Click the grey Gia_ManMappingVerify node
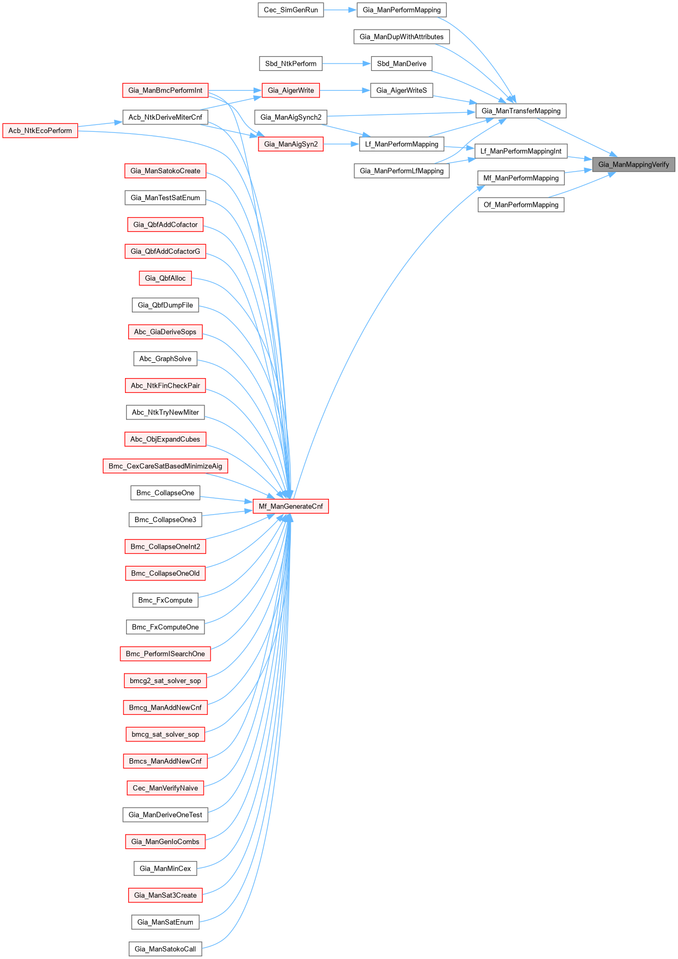tap(634, 165)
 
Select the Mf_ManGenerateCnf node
tap(291, 506)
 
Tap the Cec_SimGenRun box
tap(291, 10)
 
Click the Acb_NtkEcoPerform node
tap(40, 131)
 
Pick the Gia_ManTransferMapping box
tap(521, 111)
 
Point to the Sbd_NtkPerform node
tap(291, 64)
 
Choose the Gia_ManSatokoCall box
tap(165, 949)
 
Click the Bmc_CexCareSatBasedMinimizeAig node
tap(165, 466)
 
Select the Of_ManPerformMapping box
tap(521, 205)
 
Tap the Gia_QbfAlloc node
tap(165, 278)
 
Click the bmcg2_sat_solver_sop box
tap(165, 680)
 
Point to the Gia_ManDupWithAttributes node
tap(402, 37)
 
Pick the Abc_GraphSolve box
tap(165, 358)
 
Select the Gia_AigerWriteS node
tap(402, 91)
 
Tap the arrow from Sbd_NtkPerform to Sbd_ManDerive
tap(346, 64)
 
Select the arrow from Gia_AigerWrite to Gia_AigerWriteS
tap(345, 91)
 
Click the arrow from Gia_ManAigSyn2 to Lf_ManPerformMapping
tap(341, 144)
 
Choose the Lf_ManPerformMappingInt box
tap(521, 151)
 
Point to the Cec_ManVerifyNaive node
tap(165, 788)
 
